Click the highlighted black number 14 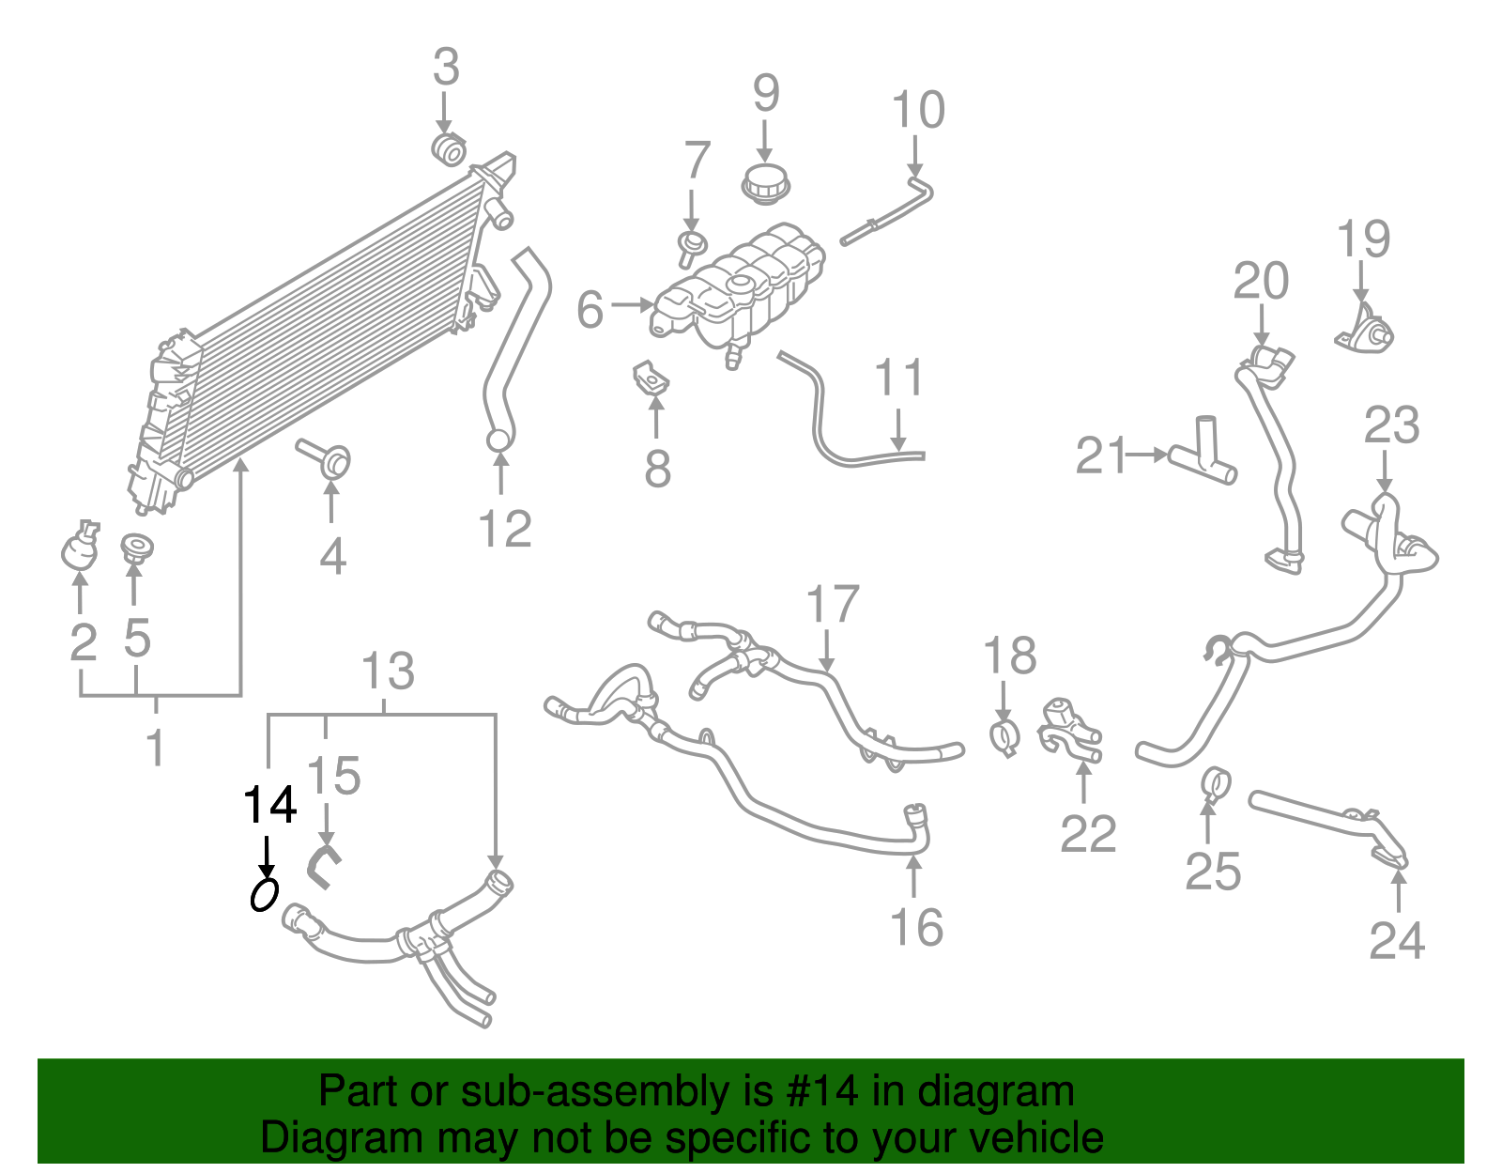point(270,806)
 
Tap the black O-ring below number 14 point(265,894)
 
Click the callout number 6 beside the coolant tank point(590,310)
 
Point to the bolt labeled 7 point(692,247)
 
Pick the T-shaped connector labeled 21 point(1203,455)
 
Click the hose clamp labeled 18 point(1004,738)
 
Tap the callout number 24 point(1397,940)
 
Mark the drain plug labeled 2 point(79,548)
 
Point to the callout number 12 point(505,530)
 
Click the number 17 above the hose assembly point(832,605)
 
